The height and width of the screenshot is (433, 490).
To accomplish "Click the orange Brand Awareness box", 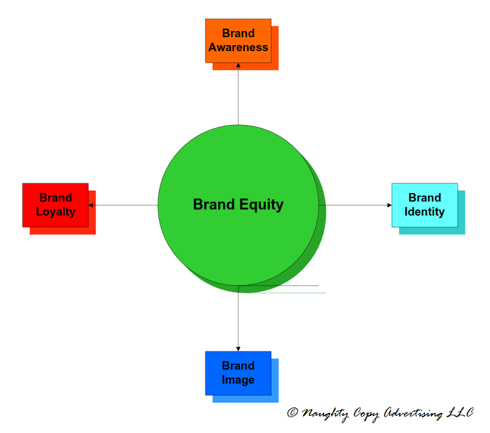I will (x=238, y=40).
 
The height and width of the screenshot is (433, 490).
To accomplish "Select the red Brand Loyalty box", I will (x=55, y=205).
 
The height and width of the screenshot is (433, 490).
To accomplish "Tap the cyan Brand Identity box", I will (x=424, y=205).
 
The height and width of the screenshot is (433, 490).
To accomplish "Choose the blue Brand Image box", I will (x=238, y=373).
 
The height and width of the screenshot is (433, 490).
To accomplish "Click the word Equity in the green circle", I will (x=260, y=205).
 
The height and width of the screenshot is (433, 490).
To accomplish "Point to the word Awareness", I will (x=238, y=48).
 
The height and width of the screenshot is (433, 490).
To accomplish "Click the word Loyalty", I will (x=55, y=212).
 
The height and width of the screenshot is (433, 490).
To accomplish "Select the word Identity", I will (x=424, y=212).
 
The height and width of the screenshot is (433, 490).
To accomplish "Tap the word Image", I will (x=238, y=380).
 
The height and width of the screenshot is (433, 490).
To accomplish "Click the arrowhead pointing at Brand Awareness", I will (x=238, y=65).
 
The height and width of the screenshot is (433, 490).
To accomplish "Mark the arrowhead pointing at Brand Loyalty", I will (x=91, y=205).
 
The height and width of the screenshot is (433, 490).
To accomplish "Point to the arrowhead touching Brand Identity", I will (x=389, y=205).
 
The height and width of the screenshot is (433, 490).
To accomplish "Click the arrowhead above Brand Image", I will (x=238, y=348).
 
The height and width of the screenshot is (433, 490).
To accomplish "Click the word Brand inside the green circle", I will (x=213, y=205).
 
